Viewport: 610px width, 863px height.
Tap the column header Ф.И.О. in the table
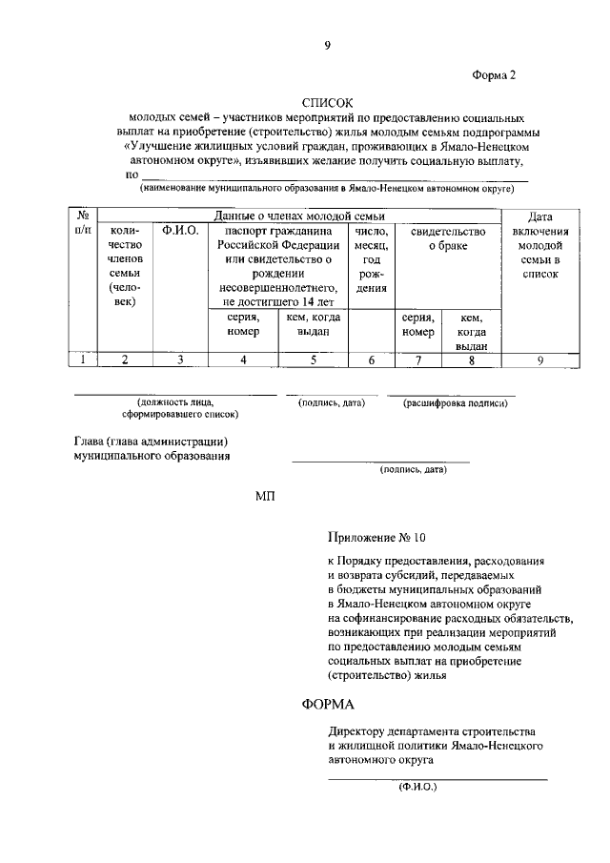[180, 232]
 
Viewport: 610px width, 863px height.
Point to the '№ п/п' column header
[84, 224]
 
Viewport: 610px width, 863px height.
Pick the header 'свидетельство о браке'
[448, 238]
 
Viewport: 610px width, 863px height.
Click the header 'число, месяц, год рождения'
[372, 258]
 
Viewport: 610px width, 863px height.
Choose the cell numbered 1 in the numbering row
[84, 360]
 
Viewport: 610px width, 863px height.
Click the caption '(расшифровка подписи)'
[455, 403]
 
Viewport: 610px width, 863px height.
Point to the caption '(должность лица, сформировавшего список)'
[180, 409]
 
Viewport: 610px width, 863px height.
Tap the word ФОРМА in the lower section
[327, 705]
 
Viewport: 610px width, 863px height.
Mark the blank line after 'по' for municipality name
[334, 176]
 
